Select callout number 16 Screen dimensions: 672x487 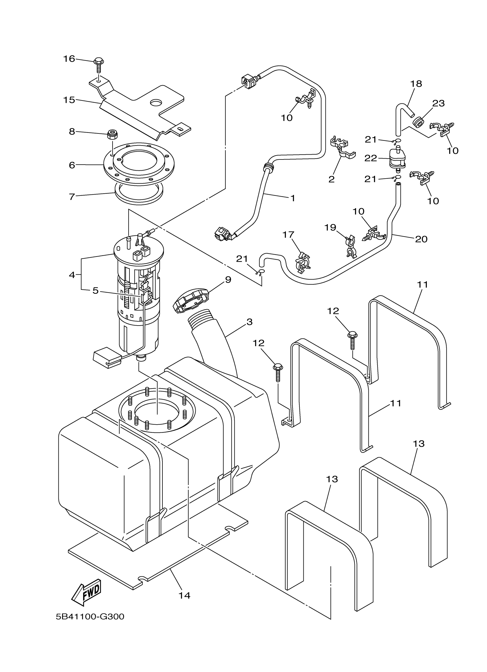pyautogui.click(x=69, y=59)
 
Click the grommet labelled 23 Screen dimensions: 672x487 pyautogui.click(x=417, y=121)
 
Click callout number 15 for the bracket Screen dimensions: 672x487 pyautogui.click(x=69, y=100)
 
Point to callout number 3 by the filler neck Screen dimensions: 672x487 pyautogui.click(x=249, y=322)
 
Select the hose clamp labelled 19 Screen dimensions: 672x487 pyautogui.click(x=351, y=246)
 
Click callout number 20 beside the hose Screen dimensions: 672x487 pyautogui.click(x=421, y=239)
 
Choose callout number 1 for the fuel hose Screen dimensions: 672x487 pyautogui.click(x=293, y=198)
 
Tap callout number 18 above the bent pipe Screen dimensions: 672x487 pyautogui.click(x=416, y=84)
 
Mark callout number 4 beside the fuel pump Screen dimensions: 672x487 pyautogui.click(x=72, y=275)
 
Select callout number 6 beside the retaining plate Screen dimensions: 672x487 pyautogui.click(x=72, y=165)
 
